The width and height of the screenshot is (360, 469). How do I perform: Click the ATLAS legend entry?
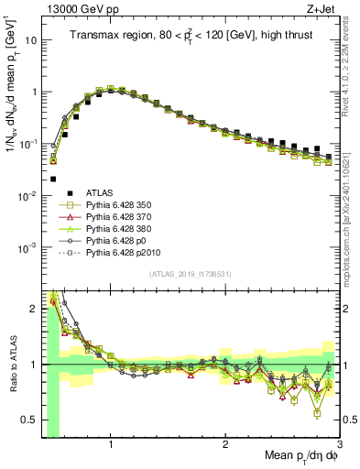[x=102, y=193]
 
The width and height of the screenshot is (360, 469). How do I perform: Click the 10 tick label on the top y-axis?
[x=28, y=40]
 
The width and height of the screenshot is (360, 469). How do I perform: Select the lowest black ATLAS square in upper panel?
[x=53, y=179]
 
